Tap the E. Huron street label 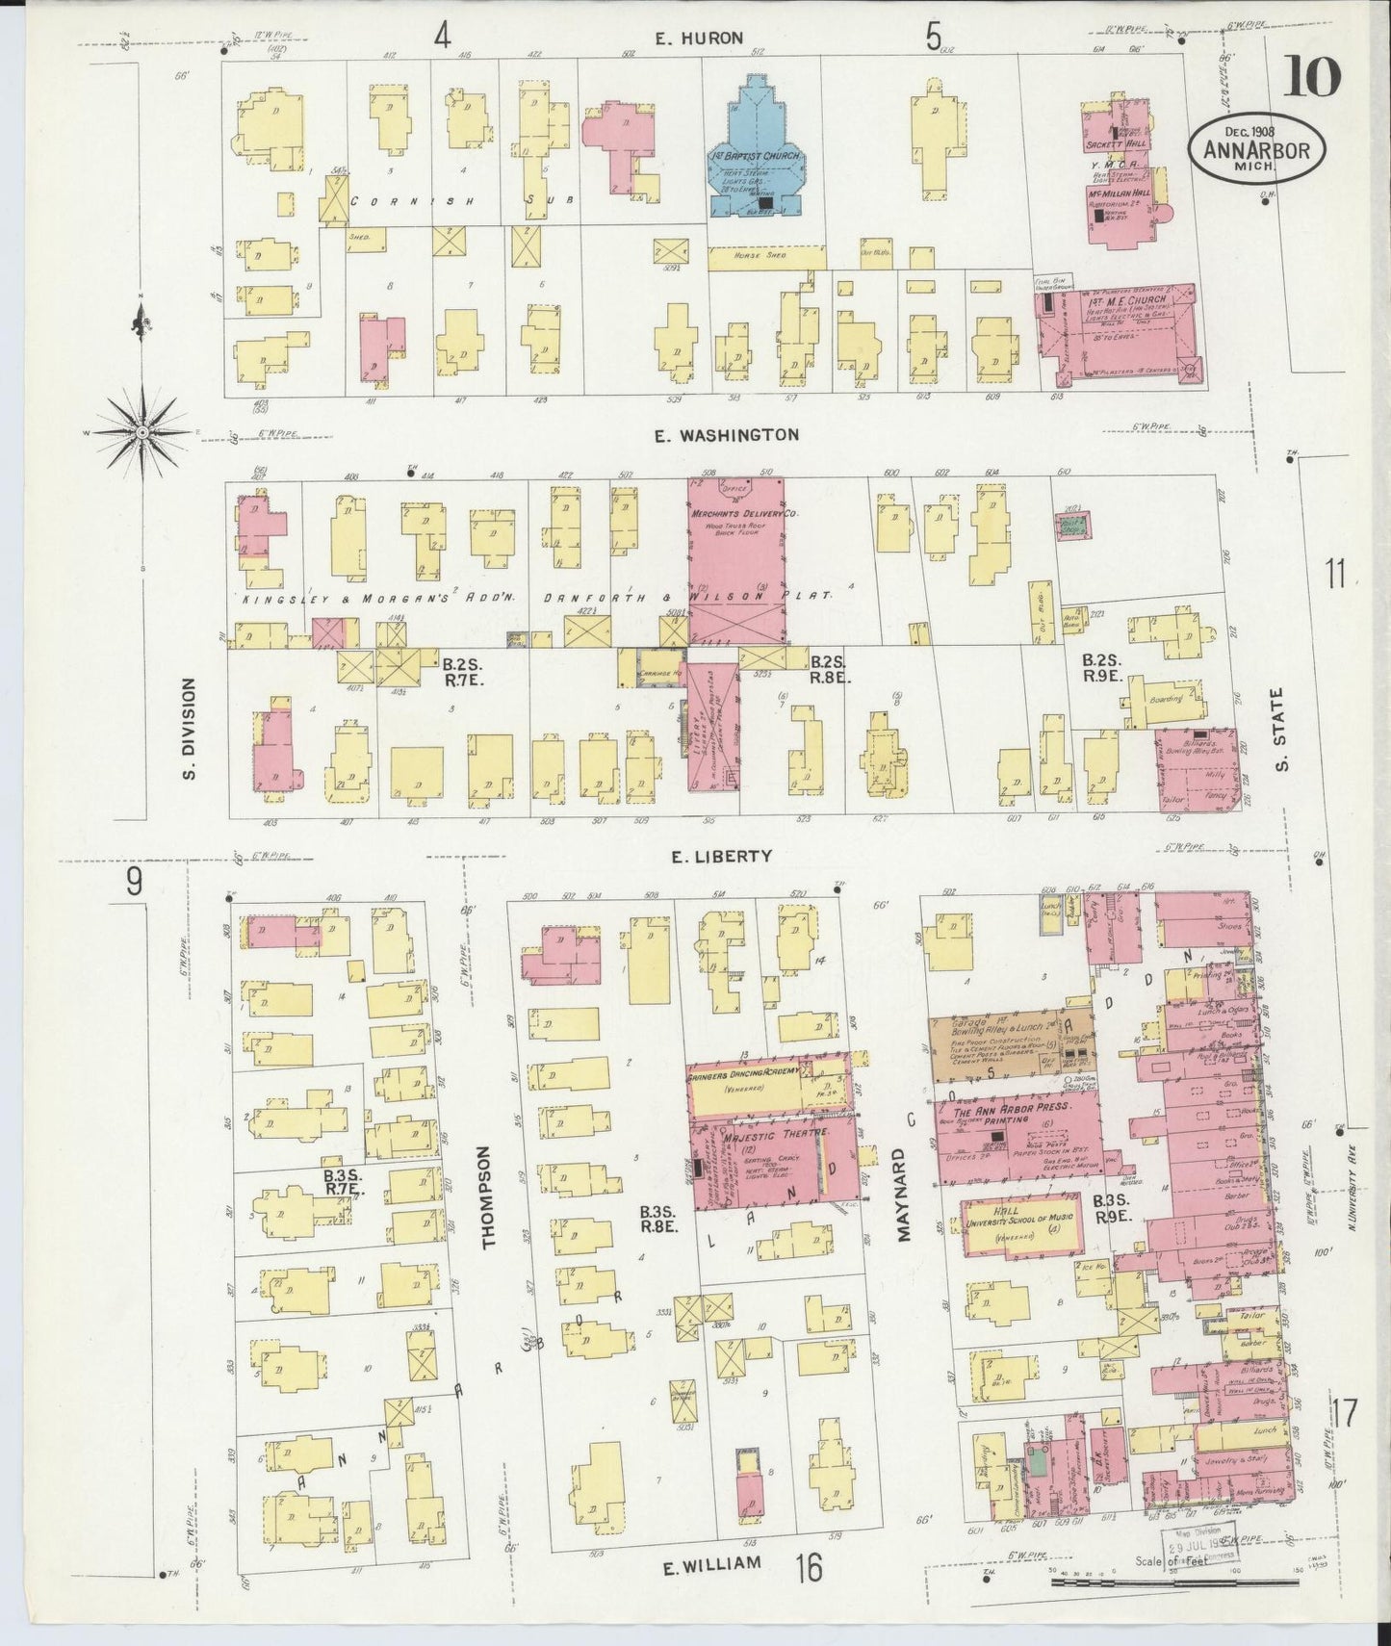pyautogui.click(x=699, y=39)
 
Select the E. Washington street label pyautogui.click(x=726, y=435)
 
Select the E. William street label pyautogui.click(x=710, y=1564)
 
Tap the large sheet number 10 pyautogui.click(x=1311, y=77)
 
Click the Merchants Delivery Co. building pyautogui.click(x=736, y=558)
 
